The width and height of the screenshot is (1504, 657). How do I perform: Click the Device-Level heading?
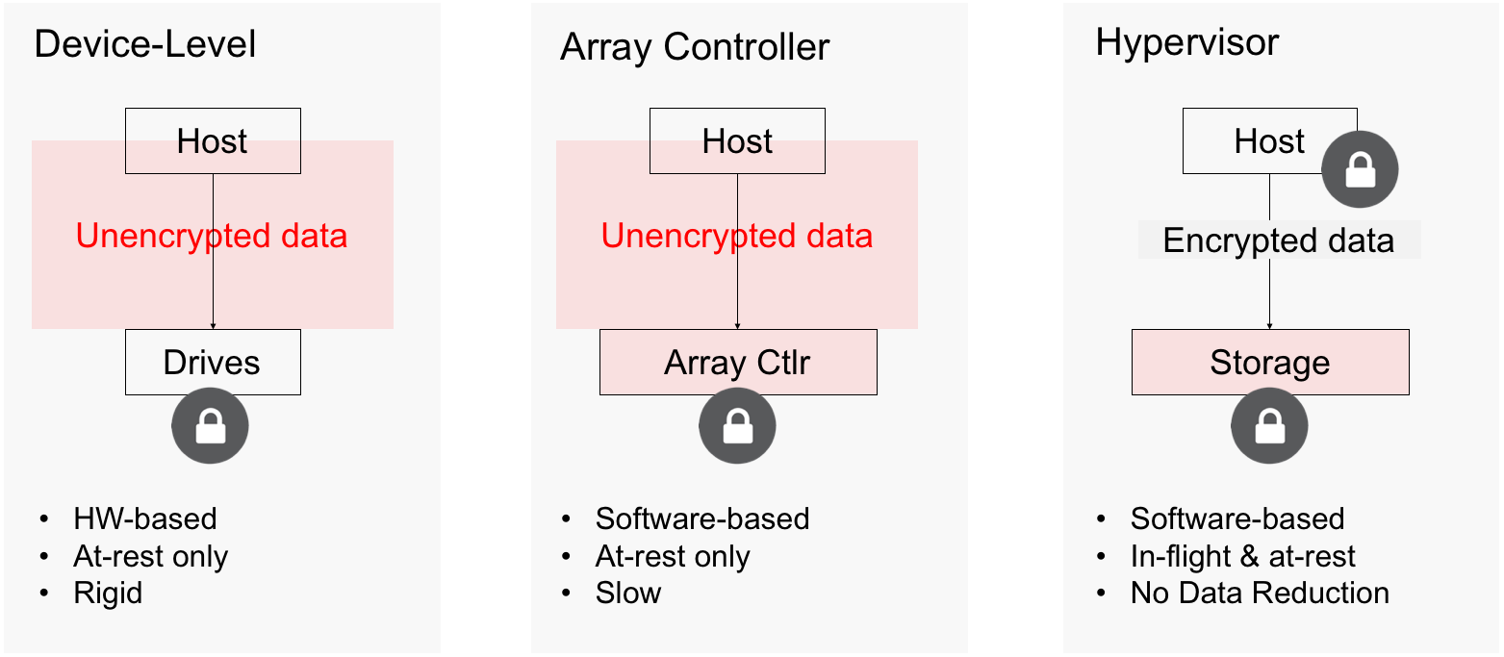pyautogui.click(x=145, y=44)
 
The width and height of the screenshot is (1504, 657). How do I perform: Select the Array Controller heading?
pyautogui.click(x=695, y=47)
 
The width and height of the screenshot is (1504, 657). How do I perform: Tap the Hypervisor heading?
pyautogui.click(x=1187, y=43)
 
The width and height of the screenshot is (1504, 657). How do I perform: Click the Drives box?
pyautogui.click(x=213, y=363)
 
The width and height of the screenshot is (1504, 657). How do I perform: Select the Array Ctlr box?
pyautogui.click(x=738, y=363)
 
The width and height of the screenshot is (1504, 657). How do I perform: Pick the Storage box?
pyautogui.click(x=1270, y=363)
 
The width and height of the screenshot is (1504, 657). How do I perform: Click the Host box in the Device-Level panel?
pyautogui.click(x=213, y=141)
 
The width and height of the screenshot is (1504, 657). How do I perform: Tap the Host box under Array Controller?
pyautogui.click(x=737, y=141)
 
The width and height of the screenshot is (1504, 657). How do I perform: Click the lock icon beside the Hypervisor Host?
pyautogui.click(x=1361, y=169)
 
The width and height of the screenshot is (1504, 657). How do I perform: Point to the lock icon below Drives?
pyautogui.click(x=210, y=425)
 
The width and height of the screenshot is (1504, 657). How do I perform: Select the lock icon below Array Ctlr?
pyautogui.click(x=737, y=425)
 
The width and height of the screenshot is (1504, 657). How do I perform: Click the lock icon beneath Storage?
pyautogui.click(x=1269, y=425)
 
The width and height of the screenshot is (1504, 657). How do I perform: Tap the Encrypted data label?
pyautogui.click(x=1279, y=240)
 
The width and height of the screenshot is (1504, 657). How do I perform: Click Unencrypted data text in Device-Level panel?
pyautogui.click(x=212, y=236)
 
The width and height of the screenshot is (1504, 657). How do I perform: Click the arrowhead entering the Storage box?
pyautogui.click(x=1269, y=326)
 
